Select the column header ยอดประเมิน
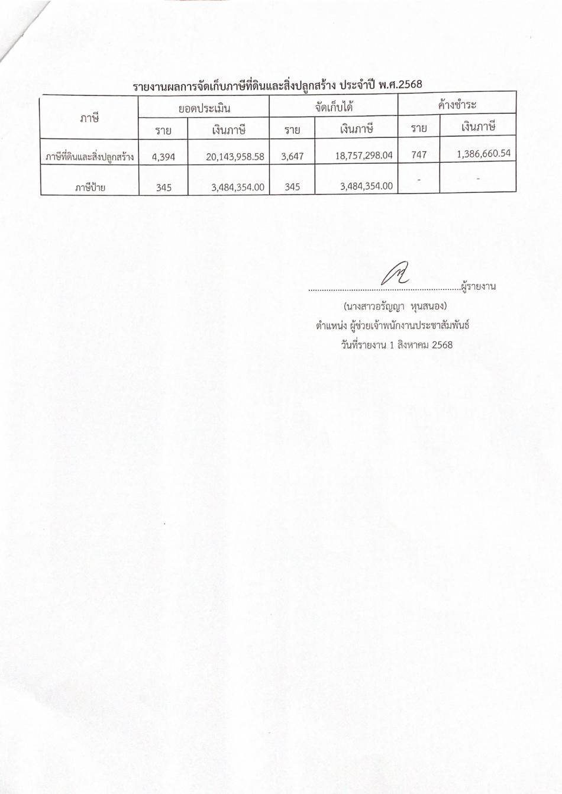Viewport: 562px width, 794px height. [x=204, y=108]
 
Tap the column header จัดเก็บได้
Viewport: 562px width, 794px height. [x=334, y=107]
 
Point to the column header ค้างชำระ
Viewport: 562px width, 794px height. [x=457, y=105]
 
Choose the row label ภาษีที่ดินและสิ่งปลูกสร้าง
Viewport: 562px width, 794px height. [x=89, y=157]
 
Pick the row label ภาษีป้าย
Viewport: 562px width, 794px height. [x=89, y=188]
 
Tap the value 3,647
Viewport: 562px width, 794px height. [x=292, y=157]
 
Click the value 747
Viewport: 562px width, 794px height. [x=419, y=154]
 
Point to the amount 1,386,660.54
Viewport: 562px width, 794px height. [x=484, y=153]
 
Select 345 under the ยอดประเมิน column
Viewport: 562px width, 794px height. [x=164, y=188]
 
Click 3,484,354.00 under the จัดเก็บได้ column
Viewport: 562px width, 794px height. [x=367, y=186]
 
